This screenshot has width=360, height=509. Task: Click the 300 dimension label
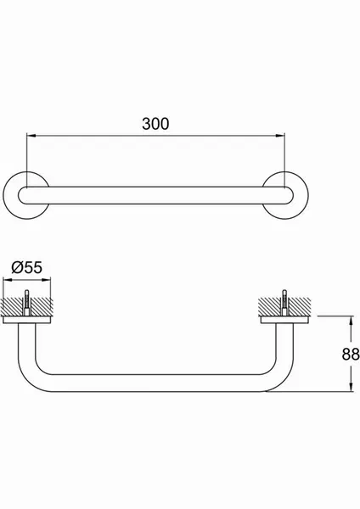(155, 124)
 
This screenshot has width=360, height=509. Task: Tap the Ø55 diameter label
(27, 267)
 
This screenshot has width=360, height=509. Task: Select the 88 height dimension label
(351, 354)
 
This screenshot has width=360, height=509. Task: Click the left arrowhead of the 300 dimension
(31, 136)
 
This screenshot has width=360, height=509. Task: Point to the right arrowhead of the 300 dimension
(280, 136)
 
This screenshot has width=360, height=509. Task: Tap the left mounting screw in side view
(27, 302)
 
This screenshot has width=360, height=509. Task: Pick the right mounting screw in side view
(284, 302)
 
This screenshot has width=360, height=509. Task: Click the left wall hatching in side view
(13, 306)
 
